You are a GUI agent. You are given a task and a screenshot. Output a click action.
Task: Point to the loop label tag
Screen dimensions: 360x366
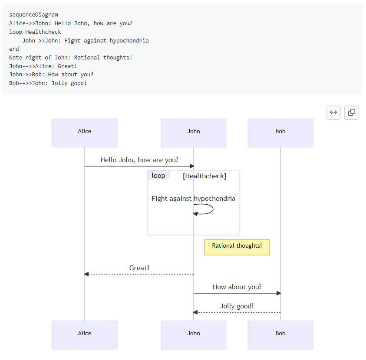pos(158,176)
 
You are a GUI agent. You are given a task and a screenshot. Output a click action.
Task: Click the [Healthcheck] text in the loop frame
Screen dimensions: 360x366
pos(204,176)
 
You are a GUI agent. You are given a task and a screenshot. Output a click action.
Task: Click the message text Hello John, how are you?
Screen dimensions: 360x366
pos(139,160)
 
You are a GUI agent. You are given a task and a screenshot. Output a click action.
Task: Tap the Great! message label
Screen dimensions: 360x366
pos(139,268)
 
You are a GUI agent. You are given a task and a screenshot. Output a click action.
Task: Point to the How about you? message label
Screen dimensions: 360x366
pos(237,287)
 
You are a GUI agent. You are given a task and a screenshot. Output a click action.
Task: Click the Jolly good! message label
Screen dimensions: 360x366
pos(237,306)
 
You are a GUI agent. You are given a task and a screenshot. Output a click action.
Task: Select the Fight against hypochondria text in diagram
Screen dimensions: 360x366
pos(194,199)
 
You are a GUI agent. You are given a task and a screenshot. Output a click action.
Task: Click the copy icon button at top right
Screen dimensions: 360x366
pos(352,112)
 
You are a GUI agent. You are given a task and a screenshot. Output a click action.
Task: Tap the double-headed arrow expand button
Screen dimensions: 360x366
pos(333,112)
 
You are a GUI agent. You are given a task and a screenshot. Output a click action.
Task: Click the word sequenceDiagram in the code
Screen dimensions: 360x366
pos(33,15)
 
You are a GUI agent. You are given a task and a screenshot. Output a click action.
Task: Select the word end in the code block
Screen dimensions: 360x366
pos(14,49)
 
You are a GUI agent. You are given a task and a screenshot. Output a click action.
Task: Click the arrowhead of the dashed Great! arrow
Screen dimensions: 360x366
pos(86,274)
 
